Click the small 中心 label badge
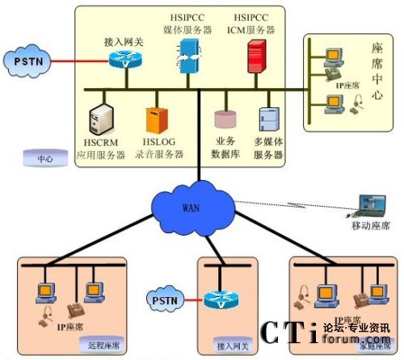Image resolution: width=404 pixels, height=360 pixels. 45,159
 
